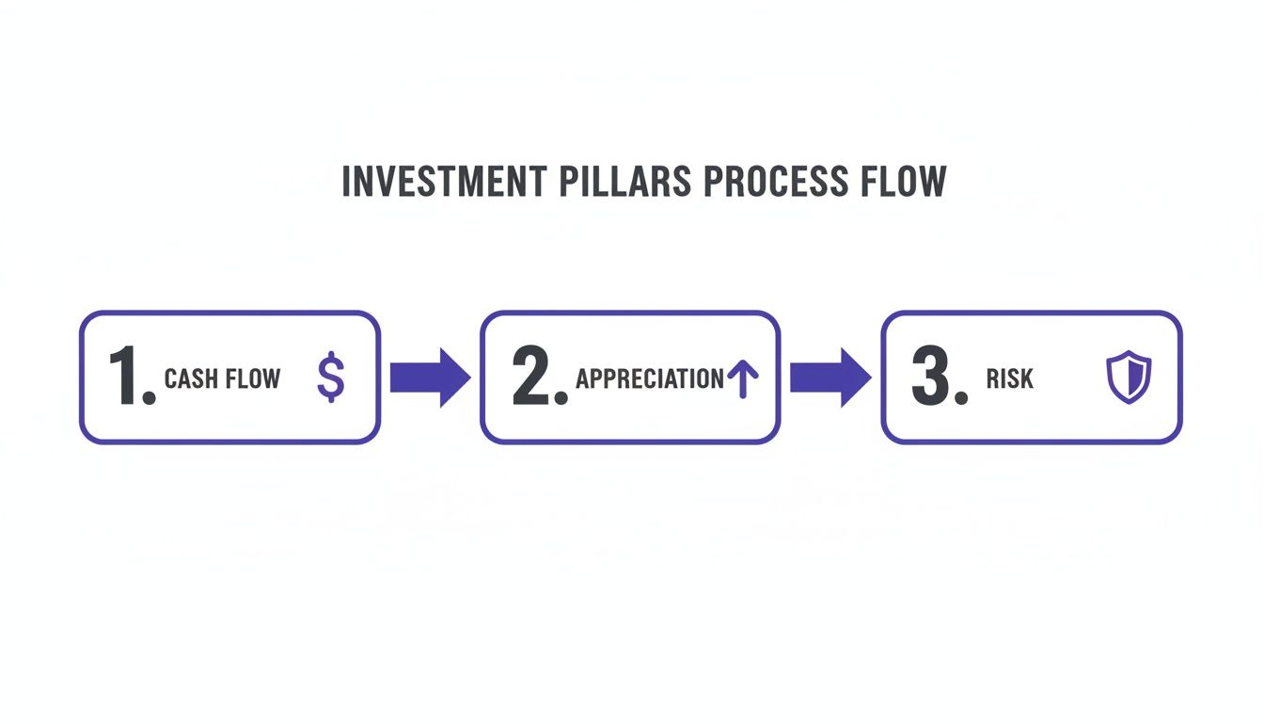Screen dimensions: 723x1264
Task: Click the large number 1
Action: [x=124, y=378]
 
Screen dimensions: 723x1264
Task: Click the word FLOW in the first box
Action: [x=250, y=379]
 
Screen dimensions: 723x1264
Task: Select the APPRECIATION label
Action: [x=650, y=379]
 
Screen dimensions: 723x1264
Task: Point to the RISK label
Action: [x=1010, y=379]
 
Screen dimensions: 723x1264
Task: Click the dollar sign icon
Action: [x=330, y=378]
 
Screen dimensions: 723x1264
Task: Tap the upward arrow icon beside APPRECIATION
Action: [x=743, y=378]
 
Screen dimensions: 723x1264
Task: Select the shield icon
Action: [x=1128, y=377]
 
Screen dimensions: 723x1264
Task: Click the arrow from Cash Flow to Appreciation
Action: [x=430, y=378]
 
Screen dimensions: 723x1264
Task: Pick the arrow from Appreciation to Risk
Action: [x=829, y=378]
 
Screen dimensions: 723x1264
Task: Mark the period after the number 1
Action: [x=149, y=399]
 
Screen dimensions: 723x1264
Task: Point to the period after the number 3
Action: [x=960, y=399]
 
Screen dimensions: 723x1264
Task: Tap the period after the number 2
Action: [x=561, y=399]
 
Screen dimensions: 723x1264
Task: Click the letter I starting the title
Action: [x=345, y=182]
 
